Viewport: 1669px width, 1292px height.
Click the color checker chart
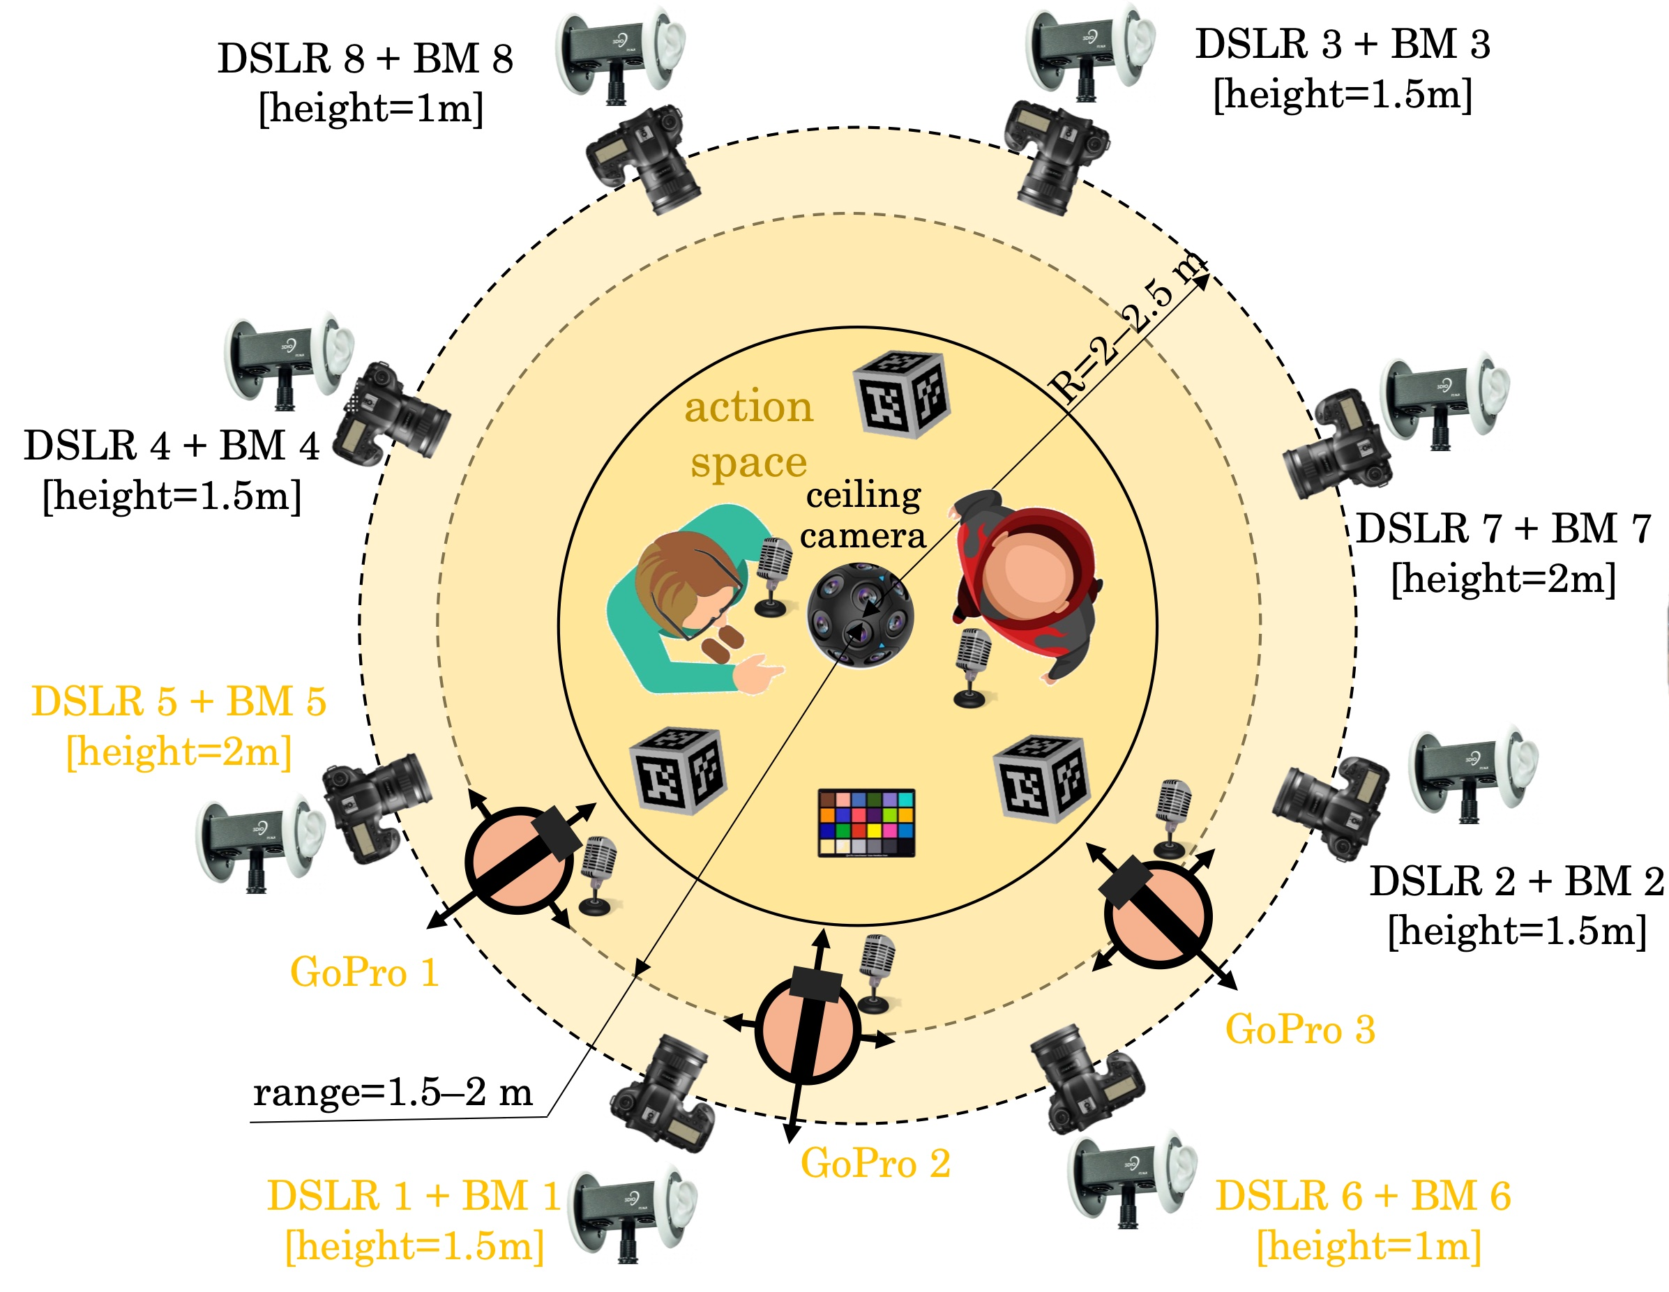tap(866, 823)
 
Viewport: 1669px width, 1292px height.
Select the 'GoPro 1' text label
tap(365, 973)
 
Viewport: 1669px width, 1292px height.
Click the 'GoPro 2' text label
tap(876, 1163)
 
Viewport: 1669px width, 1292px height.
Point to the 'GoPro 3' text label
tap(1301, 1028)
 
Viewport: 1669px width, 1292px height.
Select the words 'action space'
tap(749, 433)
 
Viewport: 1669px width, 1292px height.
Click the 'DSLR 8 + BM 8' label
tap(365, 59)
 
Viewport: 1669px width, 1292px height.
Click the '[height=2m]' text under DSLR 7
tap(1503, 579)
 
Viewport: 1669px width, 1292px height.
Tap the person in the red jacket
tap(1025, 584)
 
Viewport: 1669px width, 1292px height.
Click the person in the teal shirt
tap(696, 599)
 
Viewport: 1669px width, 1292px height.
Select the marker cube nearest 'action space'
tap(902, 393)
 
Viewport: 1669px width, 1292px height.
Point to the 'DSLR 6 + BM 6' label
tap(1364, 1196)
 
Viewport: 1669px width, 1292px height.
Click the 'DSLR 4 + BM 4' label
tap(171, 446)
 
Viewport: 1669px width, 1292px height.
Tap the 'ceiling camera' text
tap(863, 515)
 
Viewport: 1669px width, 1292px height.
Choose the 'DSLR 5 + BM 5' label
tap(179, 701)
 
